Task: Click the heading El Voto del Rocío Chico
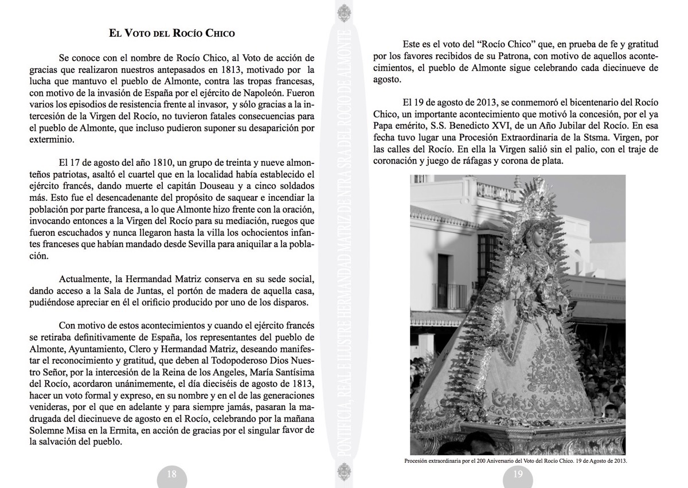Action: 172,33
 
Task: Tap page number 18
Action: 171,474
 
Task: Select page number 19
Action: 518,474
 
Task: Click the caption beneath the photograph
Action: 516,460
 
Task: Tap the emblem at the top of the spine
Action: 343,13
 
